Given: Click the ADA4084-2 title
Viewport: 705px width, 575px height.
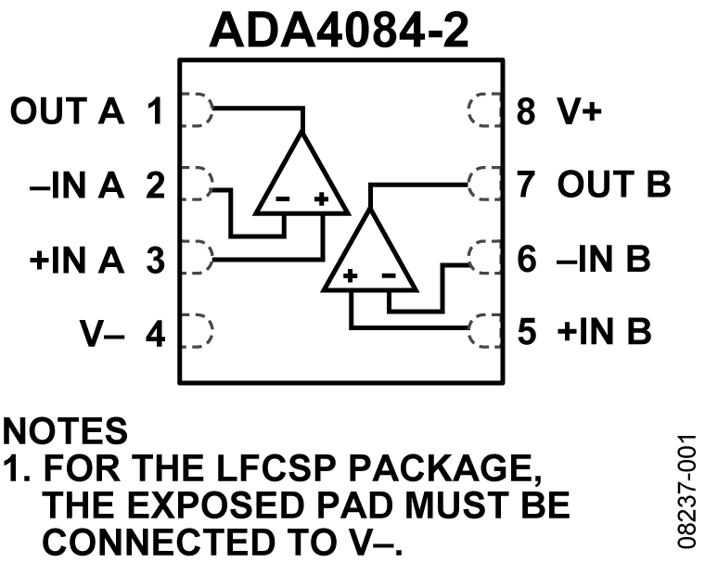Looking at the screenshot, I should point(340,30).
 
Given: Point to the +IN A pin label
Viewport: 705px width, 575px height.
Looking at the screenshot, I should point(76,261).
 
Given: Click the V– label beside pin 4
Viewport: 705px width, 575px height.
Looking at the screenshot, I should point(103,333).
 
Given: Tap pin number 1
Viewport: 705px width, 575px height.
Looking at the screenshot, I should point(155,113).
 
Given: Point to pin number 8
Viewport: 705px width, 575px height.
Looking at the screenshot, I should point(527,113).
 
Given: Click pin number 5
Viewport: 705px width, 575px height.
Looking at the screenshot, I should point(527,332).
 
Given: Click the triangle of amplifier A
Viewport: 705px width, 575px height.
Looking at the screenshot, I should point(301,181).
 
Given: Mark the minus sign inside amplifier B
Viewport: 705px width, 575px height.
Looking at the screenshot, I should point(389,275).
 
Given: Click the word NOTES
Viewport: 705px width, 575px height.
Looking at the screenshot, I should point(65,431).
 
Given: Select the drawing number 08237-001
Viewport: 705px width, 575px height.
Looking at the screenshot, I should point(686,491).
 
